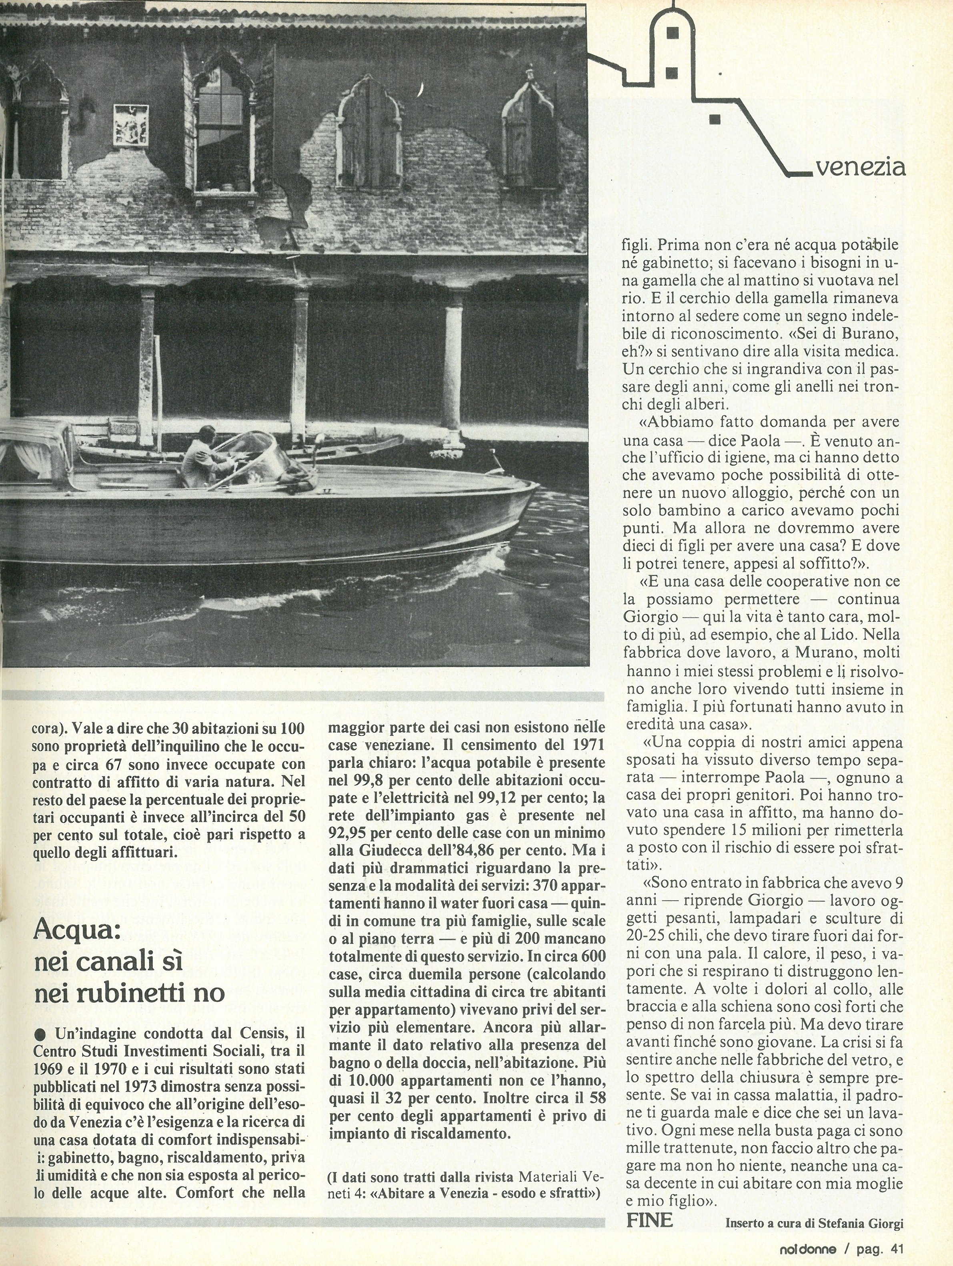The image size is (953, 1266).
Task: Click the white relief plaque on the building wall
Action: pos(132,125)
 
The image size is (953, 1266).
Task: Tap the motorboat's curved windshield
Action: pos(260,452)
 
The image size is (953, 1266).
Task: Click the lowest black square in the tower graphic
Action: pos(714,119)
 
